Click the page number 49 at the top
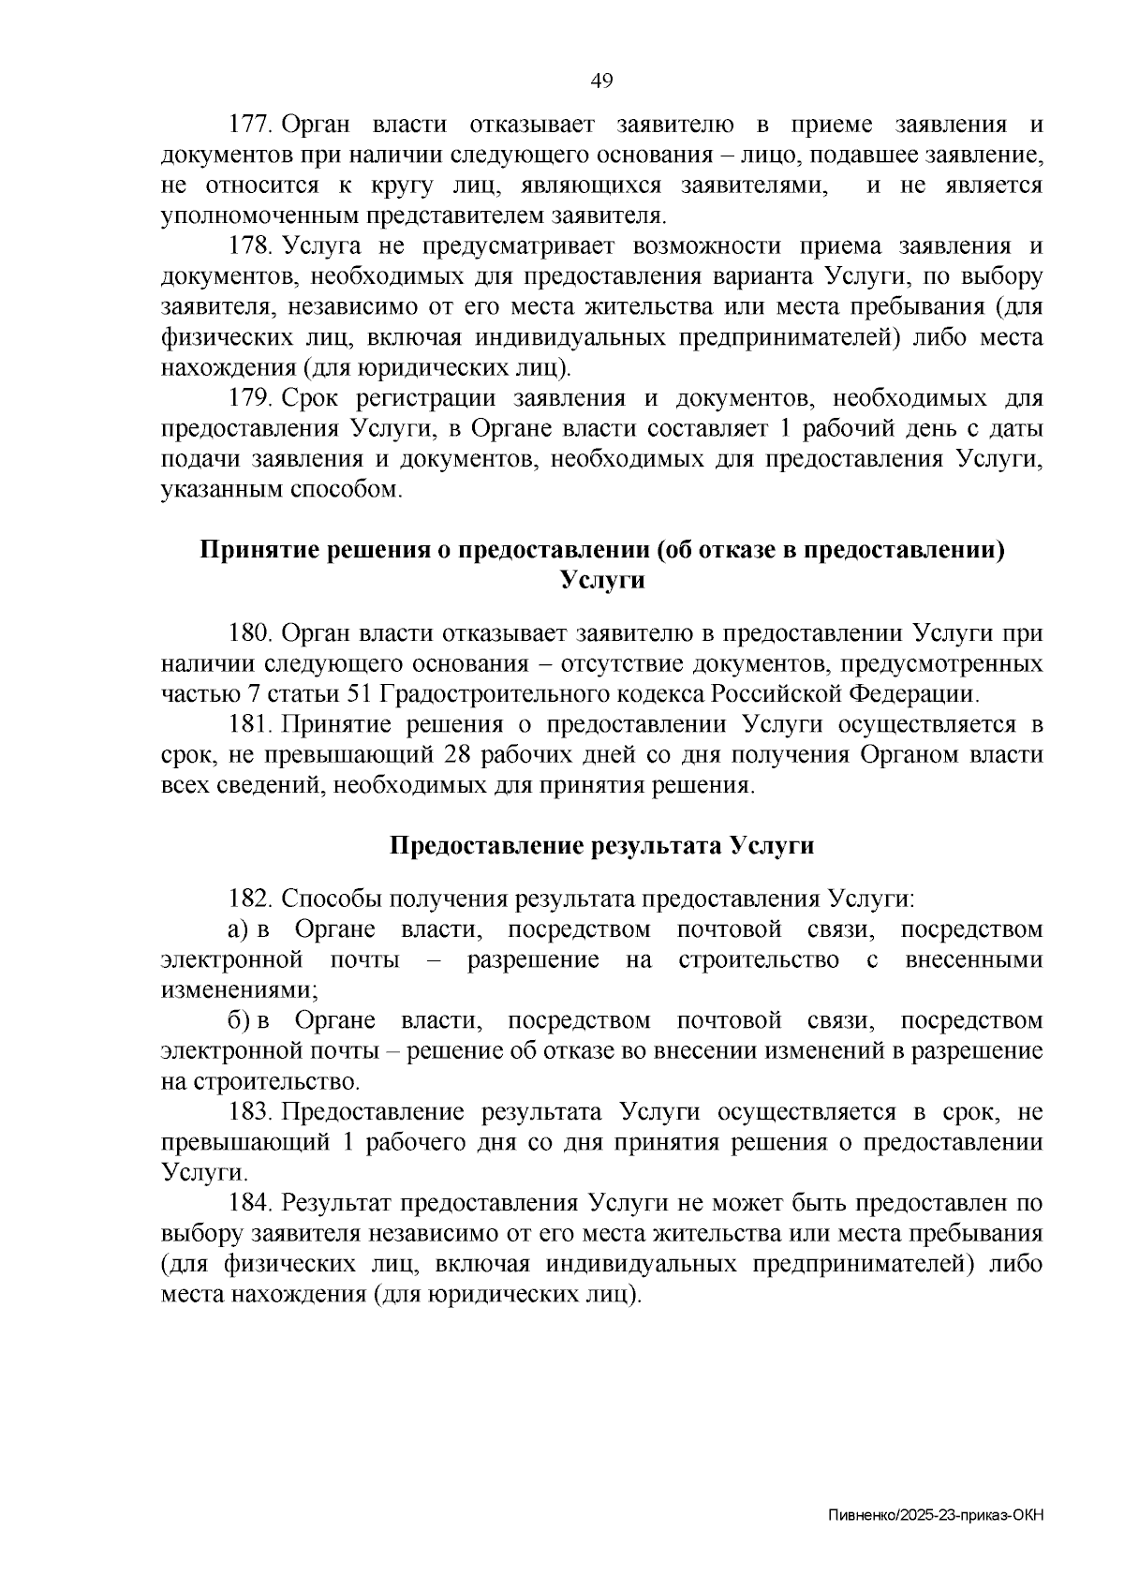(x=601, y=82)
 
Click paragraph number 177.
(x=250, y=126)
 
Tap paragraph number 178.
(x=250, y=247)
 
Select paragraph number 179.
(x=250, y=399)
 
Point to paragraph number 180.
(x=250, y=634)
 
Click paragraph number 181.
(x=250, y=725)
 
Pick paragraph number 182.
(x=250, y=899)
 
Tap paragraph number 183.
(x=250, y=1113)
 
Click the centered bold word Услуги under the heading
(x=601, y=581)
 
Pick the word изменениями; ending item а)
(x=239, y=991)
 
